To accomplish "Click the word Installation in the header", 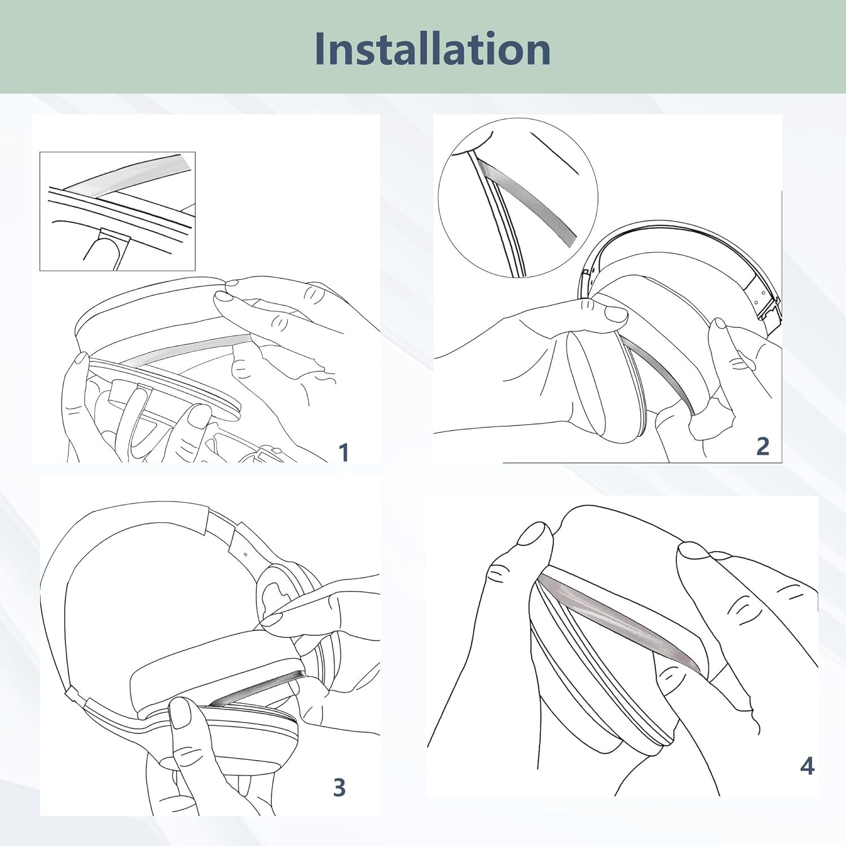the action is point(432,49).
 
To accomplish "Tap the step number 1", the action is point(343,452).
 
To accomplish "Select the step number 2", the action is point(762,446).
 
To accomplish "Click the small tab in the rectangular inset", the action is point(113,235).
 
